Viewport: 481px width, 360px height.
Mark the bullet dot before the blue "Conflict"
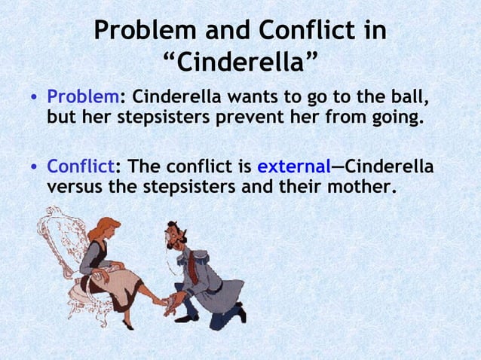tap(34, 167)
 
